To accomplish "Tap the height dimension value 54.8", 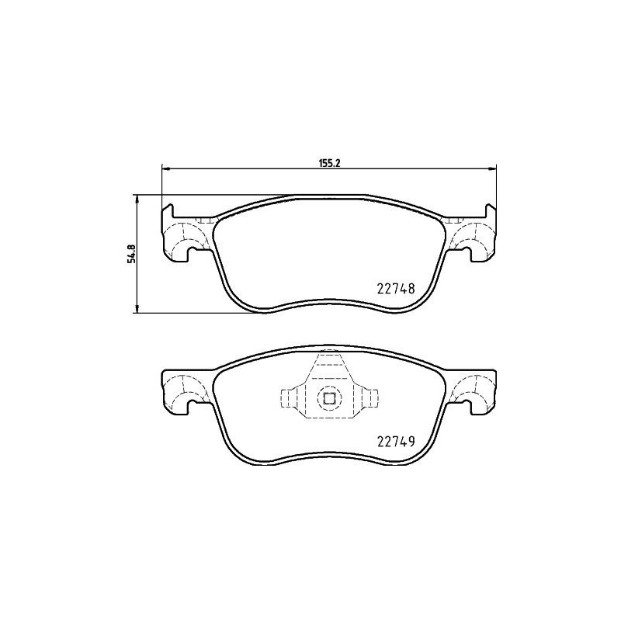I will pyautogui.click(x=132, y=254).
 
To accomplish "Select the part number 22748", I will pyautogui.click(x=396, y=287).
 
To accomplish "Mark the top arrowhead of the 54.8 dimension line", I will pyautogui.click(x=138, y=198).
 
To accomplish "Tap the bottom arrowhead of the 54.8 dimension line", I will pyautogui.click(x=138, y=310).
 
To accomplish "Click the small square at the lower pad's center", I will pyautogui.click(x=328, y=399).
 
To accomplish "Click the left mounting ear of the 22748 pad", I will pyautogui.click(x=184, y=236).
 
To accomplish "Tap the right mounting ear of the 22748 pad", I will pyautogui.click(x=473, y=236).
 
